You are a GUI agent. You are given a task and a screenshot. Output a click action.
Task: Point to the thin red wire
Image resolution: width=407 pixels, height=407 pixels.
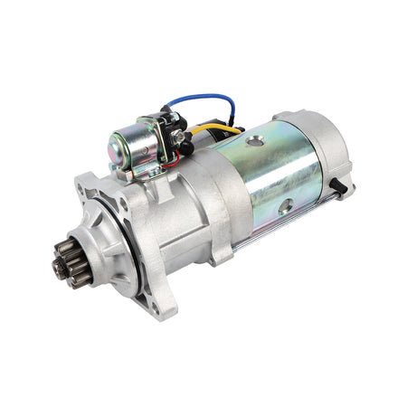tap(168, 169)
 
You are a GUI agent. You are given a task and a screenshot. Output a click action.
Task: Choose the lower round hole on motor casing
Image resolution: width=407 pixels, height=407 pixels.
tap(286, 207)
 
